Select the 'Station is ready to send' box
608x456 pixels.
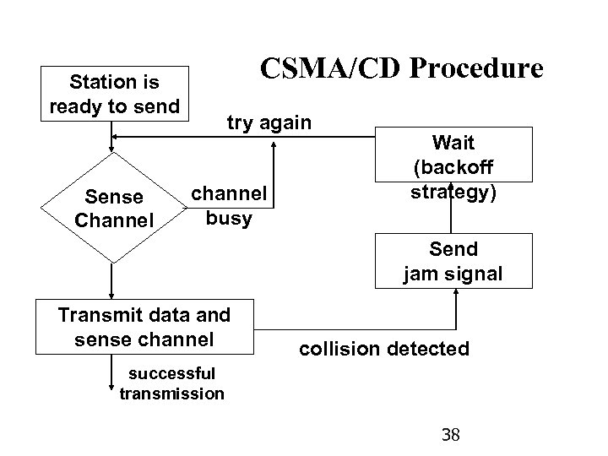pos(115,95)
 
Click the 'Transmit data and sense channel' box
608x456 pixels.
pos(144,327)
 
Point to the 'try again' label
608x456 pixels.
pos(269,122)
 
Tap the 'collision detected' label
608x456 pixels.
pos(384,348)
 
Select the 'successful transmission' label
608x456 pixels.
pos(172,383)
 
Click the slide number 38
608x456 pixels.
pos(451,435)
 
